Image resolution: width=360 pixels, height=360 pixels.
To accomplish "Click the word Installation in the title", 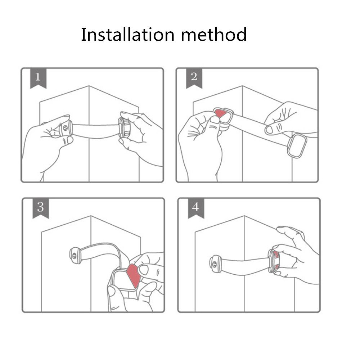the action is tap(128, 35).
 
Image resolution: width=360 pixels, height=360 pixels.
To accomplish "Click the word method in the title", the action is tap(214, 35).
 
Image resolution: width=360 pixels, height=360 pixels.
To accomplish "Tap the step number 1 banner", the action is tap(38, 78).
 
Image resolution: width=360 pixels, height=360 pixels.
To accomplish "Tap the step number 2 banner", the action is tap(194, 78).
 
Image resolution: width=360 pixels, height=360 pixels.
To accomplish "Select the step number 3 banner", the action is tap(40, 208).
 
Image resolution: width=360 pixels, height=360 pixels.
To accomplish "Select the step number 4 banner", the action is tap(196, 208).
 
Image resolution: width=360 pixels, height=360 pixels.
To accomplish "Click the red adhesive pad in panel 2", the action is tap(220, 113).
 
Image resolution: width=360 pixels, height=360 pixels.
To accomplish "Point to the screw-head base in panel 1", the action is tap(66, 128).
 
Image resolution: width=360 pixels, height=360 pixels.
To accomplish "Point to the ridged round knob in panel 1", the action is tap(124, 128).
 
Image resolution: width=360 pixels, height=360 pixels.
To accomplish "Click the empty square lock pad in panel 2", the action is tap(297, 145).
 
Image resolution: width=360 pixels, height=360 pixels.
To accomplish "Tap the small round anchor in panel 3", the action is tap(75, 256).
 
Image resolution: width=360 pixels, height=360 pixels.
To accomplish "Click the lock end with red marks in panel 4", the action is tap(274, 261).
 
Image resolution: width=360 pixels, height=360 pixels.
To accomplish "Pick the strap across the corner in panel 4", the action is tap(245, 266).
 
